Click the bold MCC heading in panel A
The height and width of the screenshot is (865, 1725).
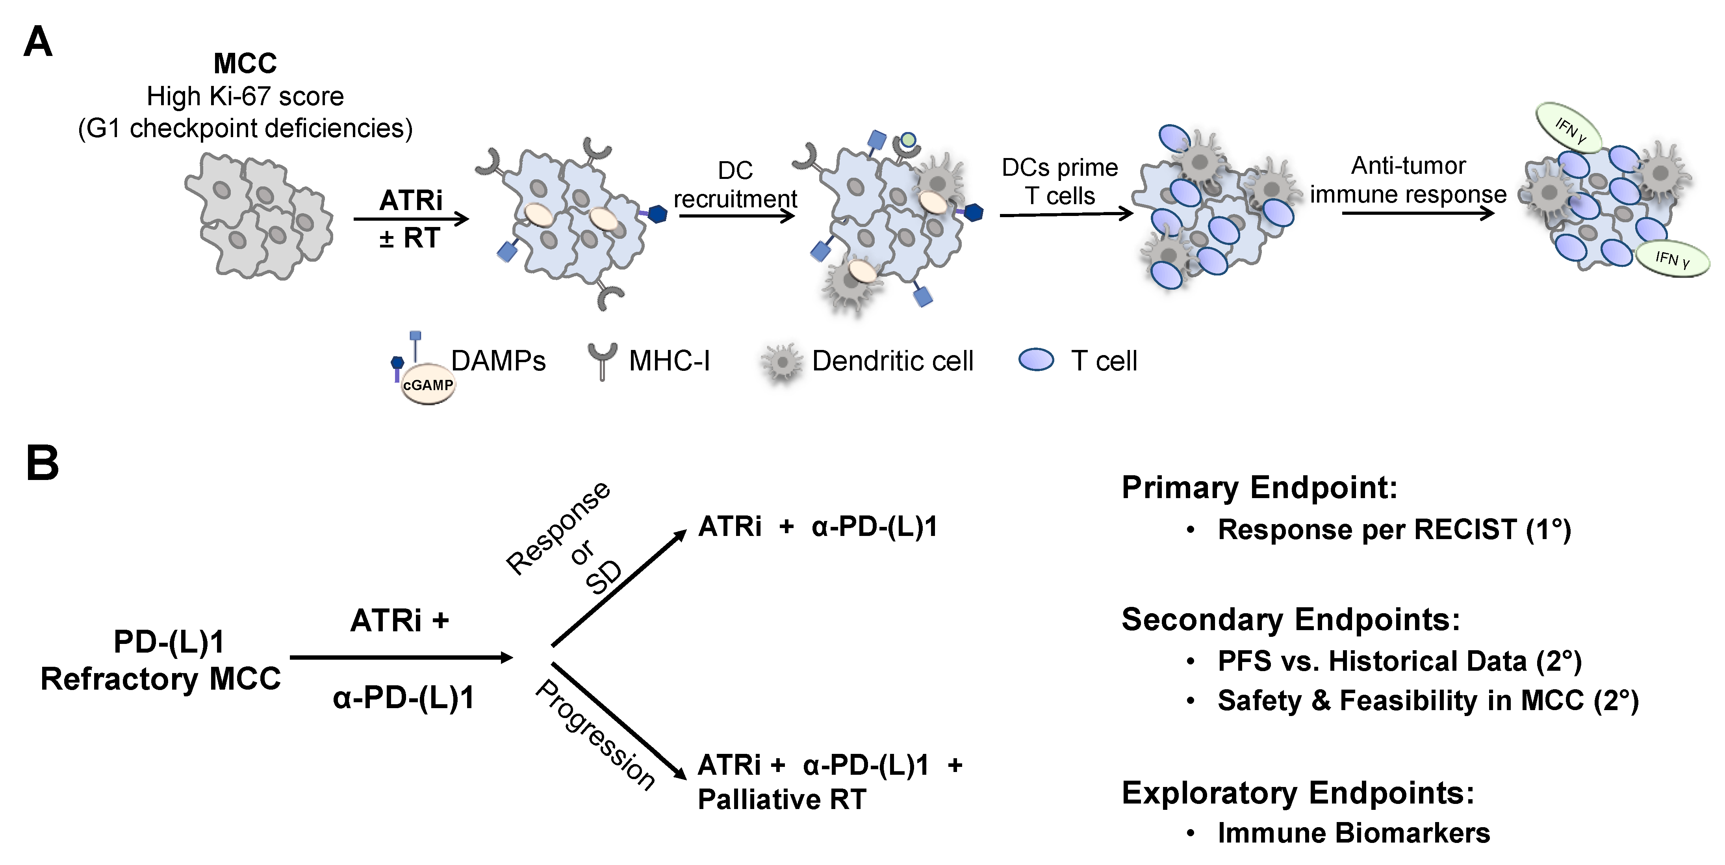(245, 64)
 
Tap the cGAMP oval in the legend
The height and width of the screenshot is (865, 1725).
(428, 385)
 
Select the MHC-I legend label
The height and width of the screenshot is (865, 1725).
(669, 361)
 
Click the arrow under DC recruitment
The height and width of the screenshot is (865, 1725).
(736, 216)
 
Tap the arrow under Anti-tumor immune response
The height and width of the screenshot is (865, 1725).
(1418, 213)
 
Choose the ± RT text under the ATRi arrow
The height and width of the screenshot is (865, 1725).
(410, 238)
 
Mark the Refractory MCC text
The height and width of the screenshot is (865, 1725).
(161, 679)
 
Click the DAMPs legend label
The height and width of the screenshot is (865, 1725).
(498, 361)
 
